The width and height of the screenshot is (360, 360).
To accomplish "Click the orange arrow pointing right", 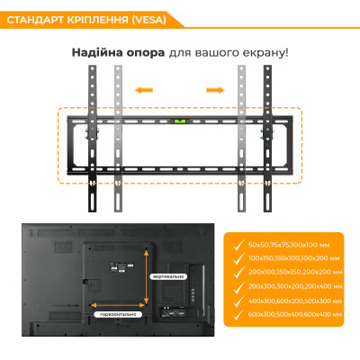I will pos(214,89).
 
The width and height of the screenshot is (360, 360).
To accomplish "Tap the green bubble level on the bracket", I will pos(179,119).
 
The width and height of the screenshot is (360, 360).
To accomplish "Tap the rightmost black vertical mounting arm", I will pos(265,126).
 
